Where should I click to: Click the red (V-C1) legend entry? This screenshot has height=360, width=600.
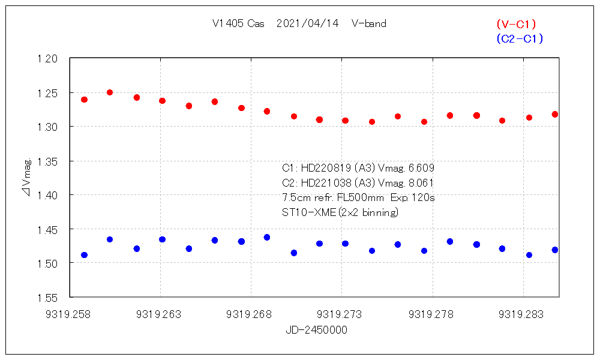(516, 24)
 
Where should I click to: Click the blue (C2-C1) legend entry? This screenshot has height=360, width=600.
(520, 39)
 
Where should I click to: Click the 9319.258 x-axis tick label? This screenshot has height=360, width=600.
(70, 314)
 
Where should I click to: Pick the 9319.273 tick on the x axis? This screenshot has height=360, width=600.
(341, 314)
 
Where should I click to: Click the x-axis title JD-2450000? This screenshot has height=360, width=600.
(316, 330)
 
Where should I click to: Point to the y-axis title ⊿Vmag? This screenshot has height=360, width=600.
(27, 178)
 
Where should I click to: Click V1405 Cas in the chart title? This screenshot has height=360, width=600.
(236, 24)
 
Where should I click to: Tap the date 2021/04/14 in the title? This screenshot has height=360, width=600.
(308, 24)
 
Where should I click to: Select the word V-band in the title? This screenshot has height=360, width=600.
(369, 24)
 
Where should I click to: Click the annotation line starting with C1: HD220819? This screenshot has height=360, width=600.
(358, 168)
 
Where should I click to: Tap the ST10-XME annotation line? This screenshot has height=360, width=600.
(340, 212)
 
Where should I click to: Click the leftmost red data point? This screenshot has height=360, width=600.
(84, 100)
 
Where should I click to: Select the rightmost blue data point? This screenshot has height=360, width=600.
(555, 250)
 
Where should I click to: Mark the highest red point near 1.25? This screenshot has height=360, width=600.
(110, 92)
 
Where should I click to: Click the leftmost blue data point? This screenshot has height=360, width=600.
(84, 255)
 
